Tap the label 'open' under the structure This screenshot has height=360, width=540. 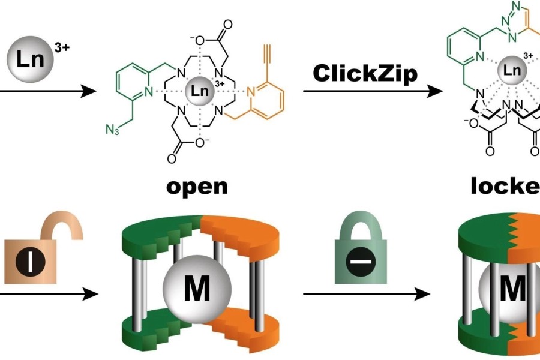point(197,186)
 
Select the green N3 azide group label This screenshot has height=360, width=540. point(113,129)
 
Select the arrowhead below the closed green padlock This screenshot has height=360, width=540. point(424,295)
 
